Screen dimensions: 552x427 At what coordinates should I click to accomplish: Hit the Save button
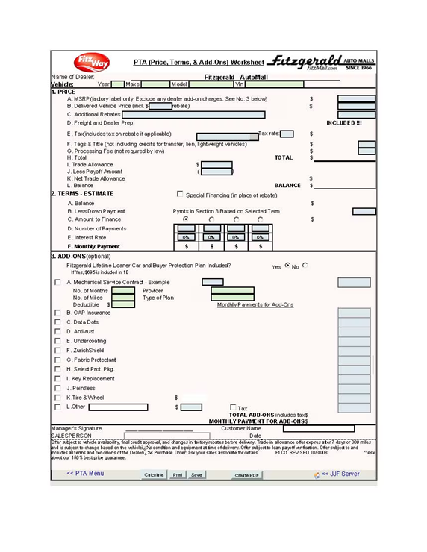(196, 474)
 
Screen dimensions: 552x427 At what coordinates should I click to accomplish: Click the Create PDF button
(247, 474)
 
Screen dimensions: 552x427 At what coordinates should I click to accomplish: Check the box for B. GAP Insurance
(57, 313)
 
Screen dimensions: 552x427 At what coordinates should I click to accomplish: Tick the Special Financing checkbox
(179, 194)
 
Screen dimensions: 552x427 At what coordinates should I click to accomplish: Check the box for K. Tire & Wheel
(57, 397)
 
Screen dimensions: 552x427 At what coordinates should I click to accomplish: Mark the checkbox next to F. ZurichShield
(57, 350)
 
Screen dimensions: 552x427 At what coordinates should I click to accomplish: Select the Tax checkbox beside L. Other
(232, 407)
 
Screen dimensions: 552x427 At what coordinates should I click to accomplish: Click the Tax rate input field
(287, 134)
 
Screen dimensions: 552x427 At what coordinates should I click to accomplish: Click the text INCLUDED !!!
(344, 122)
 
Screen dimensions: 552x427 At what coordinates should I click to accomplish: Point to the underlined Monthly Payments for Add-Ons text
(255, 304)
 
